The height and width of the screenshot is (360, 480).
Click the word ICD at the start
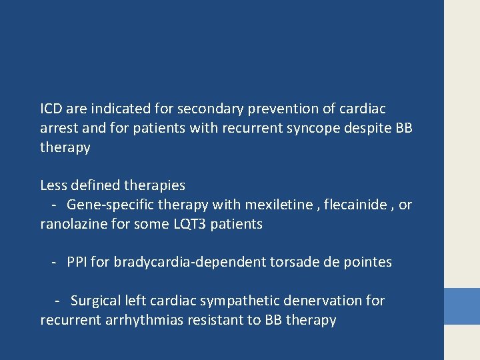pyautogui.click(x=51, y=108)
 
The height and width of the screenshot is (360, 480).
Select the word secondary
pyautogui.click(x=190, y=108)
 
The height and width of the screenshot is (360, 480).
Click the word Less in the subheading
pyautogui.click(x=53, y=185)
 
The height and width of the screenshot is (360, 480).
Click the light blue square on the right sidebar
pyautogui.click(x=462, y=306)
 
